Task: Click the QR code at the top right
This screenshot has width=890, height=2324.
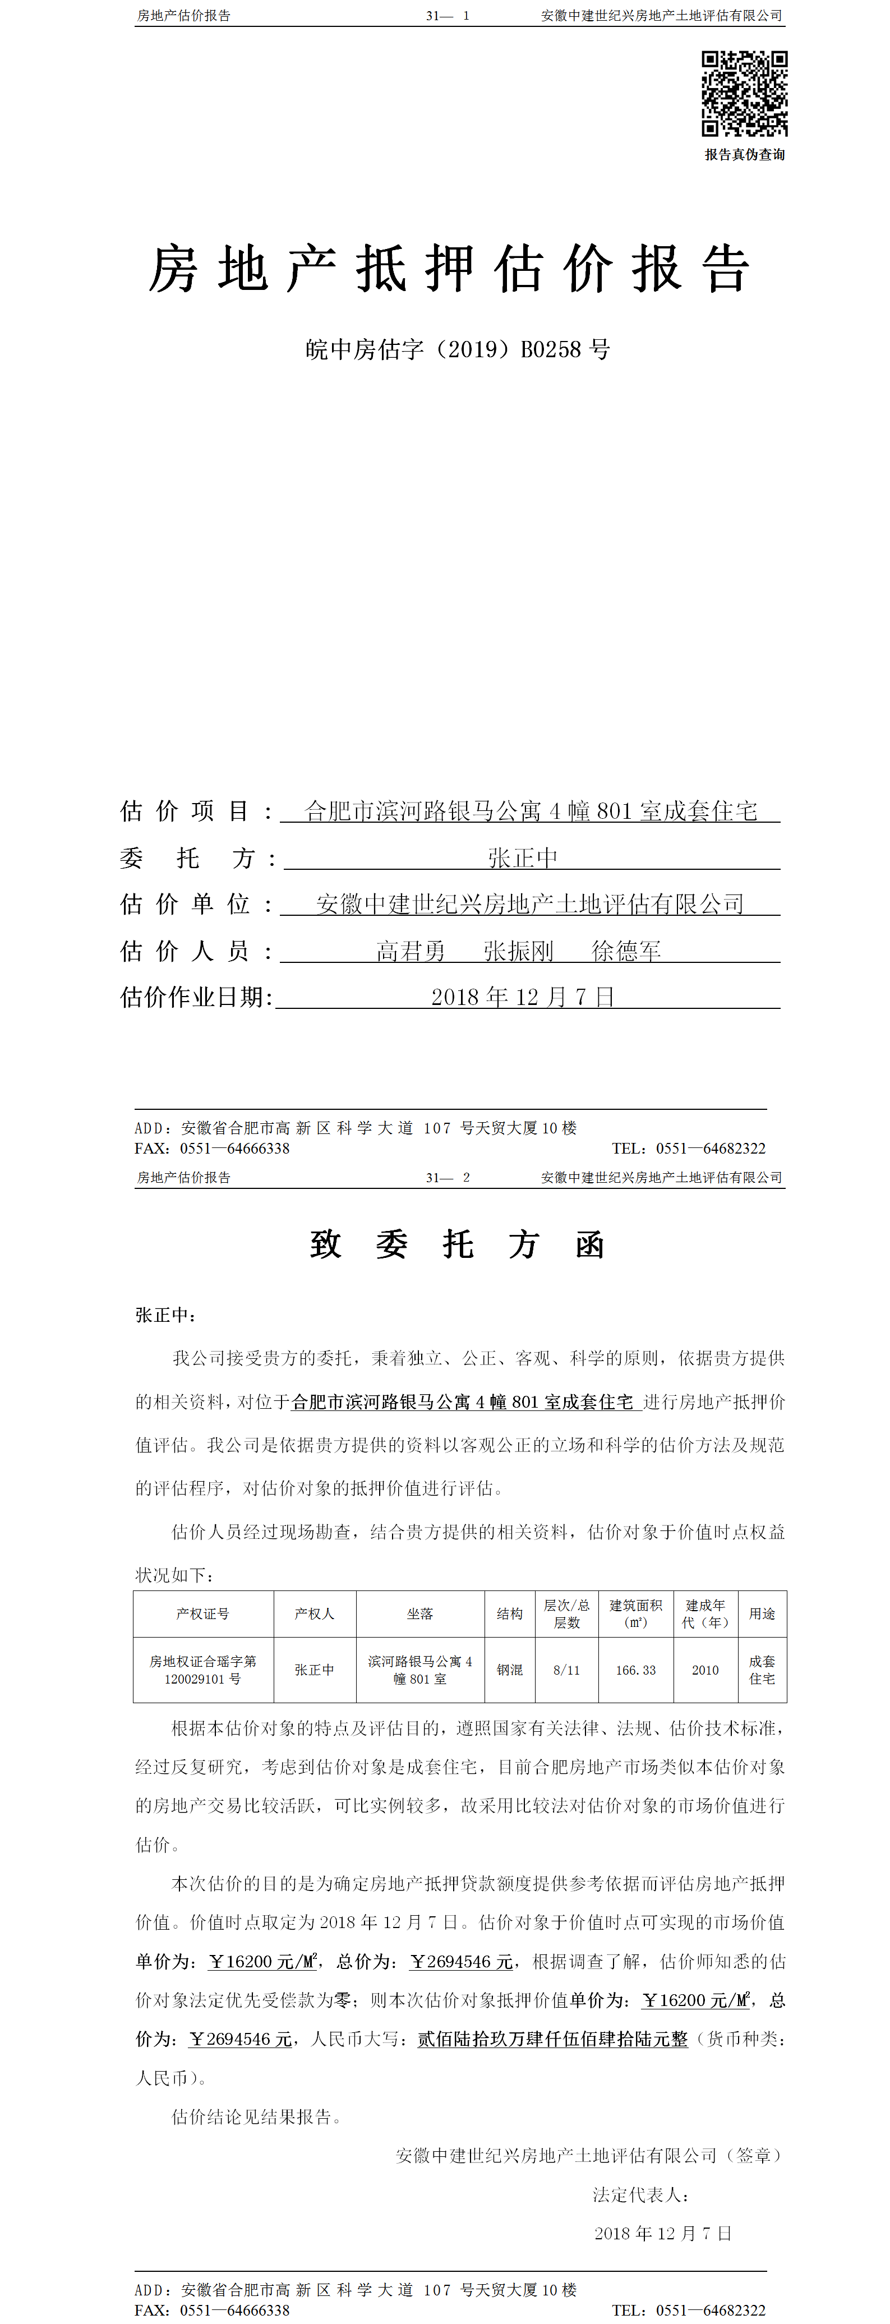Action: (744, 94)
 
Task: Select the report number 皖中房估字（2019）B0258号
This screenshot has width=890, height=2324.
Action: (457, 349)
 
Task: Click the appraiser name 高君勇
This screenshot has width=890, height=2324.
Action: (411, 951)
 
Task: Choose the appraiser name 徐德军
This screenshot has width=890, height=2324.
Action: (626, 951)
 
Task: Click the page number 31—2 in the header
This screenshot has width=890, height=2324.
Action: (448, 1177)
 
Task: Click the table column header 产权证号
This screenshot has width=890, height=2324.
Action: (203, 1614)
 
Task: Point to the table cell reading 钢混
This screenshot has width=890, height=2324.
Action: (509, 1670)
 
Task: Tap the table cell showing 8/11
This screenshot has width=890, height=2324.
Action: (566, 1670)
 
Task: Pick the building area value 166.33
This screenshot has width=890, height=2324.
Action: (636, 1670)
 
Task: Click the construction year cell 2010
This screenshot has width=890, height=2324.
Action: (705, 1670)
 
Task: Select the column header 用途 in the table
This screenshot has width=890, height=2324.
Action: (762, 1614)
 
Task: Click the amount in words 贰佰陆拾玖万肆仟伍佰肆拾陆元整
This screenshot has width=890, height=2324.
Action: (552, 2039)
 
